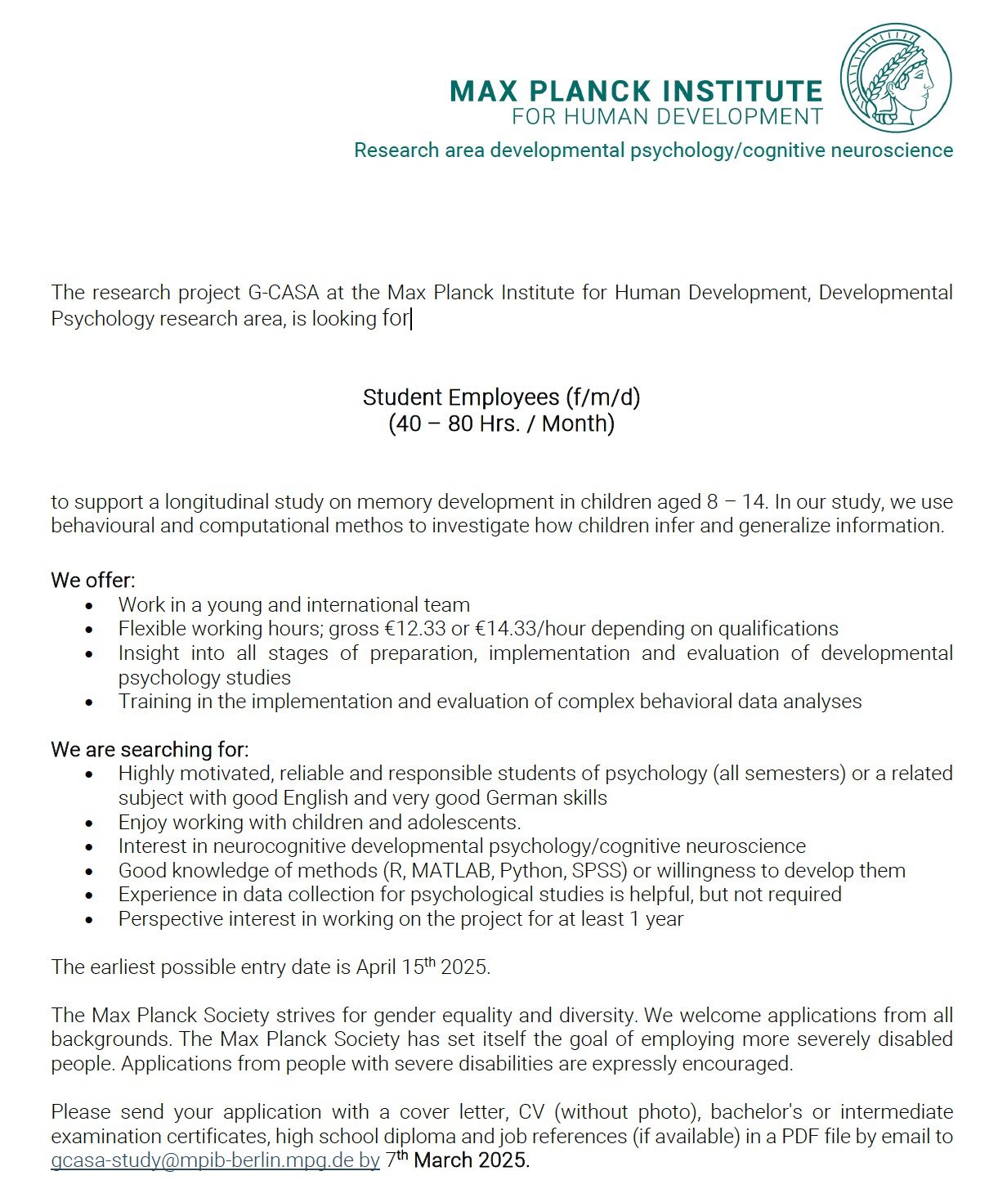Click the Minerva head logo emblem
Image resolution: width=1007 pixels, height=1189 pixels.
tap(896, 79)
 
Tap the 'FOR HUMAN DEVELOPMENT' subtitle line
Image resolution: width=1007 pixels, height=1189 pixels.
tap(667, 117)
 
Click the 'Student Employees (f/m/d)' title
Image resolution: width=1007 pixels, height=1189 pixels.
tap(501, 397)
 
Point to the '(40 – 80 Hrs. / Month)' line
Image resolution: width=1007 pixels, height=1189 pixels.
tap(501, 424)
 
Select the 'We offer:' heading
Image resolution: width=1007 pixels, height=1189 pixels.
tap(93, 581)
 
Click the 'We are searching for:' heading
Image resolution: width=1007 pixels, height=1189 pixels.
tap(150, 749)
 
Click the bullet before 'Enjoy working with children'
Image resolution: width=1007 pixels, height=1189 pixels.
tap(90, 823)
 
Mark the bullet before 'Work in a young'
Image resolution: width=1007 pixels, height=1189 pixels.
tap(90, 606)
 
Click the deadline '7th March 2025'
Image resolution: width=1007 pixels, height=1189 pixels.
tap(457, 1160)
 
